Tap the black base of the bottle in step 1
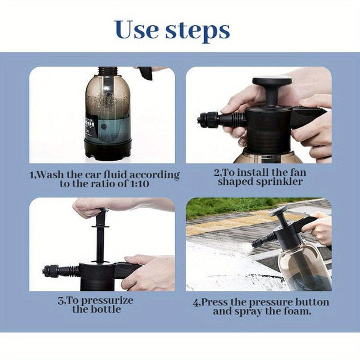pos(108,150)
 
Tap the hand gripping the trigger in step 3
pos(150,270)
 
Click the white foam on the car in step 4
pos(222,270)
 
